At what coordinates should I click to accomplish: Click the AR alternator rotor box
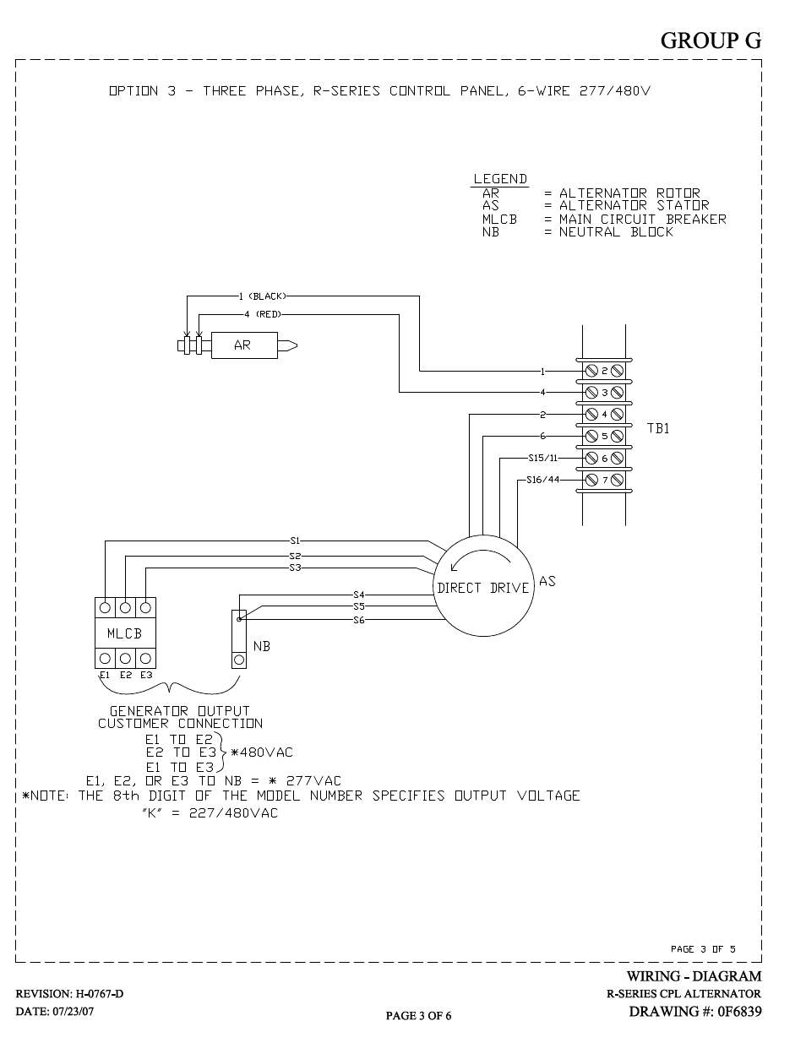(x=244, y=345)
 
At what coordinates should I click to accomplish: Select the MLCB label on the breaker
(x=125, y=633)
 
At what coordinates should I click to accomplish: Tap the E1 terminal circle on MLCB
(x=105, y=658)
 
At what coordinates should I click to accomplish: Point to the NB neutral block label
(x=262, y=647)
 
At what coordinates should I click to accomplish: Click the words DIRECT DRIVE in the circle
(x=483, y=588)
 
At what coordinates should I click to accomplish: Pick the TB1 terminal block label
(x=657, y=428)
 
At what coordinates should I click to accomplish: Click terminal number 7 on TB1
(x=605, y=480)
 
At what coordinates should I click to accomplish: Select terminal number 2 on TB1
(x=605, y=371)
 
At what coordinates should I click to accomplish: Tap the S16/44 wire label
(x=543, y=480)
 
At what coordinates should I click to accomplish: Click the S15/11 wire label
(x=543, y=458)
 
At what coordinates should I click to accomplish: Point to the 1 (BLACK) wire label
(x=263, y=296)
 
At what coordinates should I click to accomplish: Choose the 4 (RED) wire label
(x=263, y=314)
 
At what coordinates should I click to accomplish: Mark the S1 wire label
(x=295, y=541)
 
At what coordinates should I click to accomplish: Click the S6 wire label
(x=359, y=620)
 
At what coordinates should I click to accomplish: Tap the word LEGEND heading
(x=500, y=179)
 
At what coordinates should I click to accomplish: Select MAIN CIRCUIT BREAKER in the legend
(x=643, y=220)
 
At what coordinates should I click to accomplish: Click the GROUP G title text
(x=711, y=41)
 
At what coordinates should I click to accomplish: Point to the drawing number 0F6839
(x=739, y=1011)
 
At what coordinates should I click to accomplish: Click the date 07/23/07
(x=74, y=1011)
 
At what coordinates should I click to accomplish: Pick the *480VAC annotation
(x=262, y=752)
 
